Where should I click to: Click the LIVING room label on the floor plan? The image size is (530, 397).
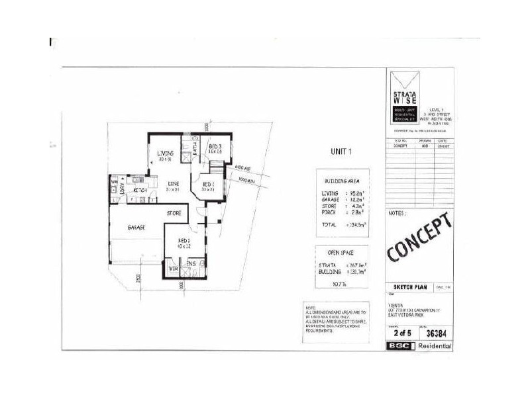(165, 154)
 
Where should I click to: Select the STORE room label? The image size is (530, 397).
(174, 213)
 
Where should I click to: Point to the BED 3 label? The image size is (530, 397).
(215, 146)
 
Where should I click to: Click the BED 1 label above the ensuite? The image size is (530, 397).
(184, 240)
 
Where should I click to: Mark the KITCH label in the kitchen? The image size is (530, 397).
(140, 191)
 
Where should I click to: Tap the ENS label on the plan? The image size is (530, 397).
(190, 264)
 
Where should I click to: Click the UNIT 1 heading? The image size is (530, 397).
(341, 152)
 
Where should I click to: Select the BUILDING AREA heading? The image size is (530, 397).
(341, 181)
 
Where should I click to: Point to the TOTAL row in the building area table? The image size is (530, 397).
(329, 224)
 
